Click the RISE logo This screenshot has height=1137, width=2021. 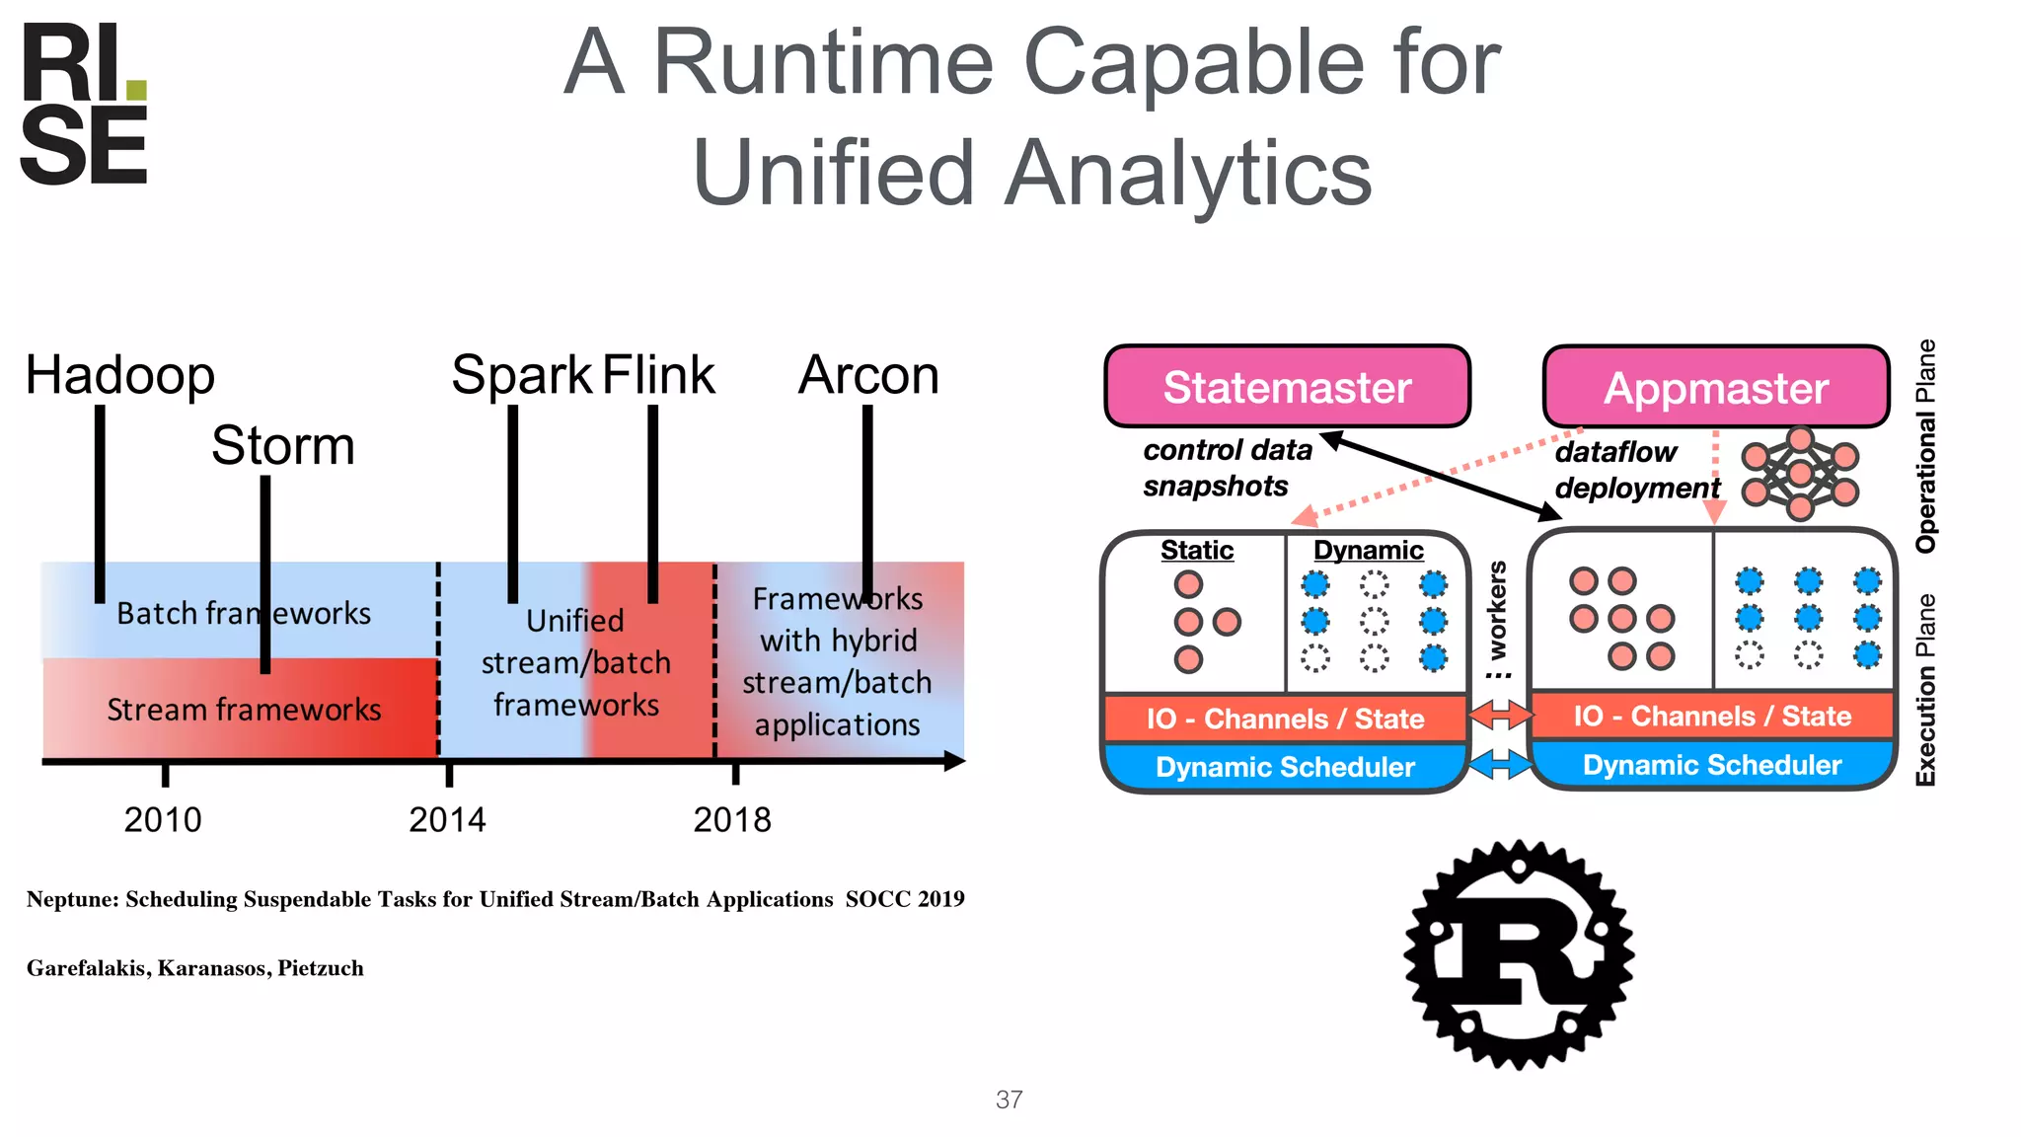[x=84, y=104]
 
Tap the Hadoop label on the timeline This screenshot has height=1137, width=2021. [x=119, y=376]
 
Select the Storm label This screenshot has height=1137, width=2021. [x=282, y=446]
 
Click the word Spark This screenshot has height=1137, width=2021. [x=520, y=376]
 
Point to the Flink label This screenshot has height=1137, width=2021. [x=658, y=376]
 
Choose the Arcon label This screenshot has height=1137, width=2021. [x=868, y=376]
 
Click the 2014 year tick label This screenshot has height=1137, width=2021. [x=447, y=820]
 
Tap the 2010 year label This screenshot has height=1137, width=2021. [x=163, y=820]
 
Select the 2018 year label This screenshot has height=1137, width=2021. [x=732, y=820]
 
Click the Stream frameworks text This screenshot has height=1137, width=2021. [x=244, y=710]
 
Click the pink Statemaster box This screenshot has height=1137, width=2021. [x=1287, y=387]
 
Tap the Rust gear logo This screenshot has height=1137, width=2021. [x=1519, y=955]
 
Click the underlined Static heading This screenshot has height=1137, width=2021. [x=1196, y=550]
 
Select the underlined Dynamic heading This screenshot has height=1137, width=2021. [x=1368, y=550]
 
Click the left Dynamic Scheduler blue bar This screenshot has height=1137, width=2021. [x=1285, y=767]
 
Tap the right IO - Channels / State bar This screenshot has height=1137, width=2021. [x=1711, y=716]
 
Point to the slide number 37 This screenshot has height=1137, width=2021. [x=1009, y=1099]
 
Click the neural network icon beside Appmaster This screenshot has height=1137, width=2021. [x=1800, y=474]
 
